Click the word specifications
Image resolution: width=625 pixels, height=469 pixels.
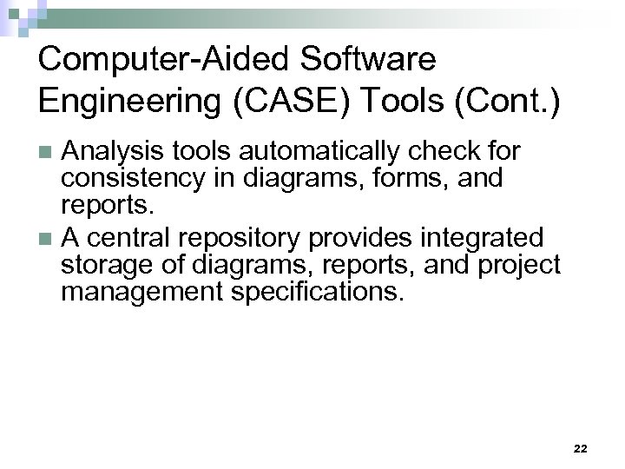point(319,292)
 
